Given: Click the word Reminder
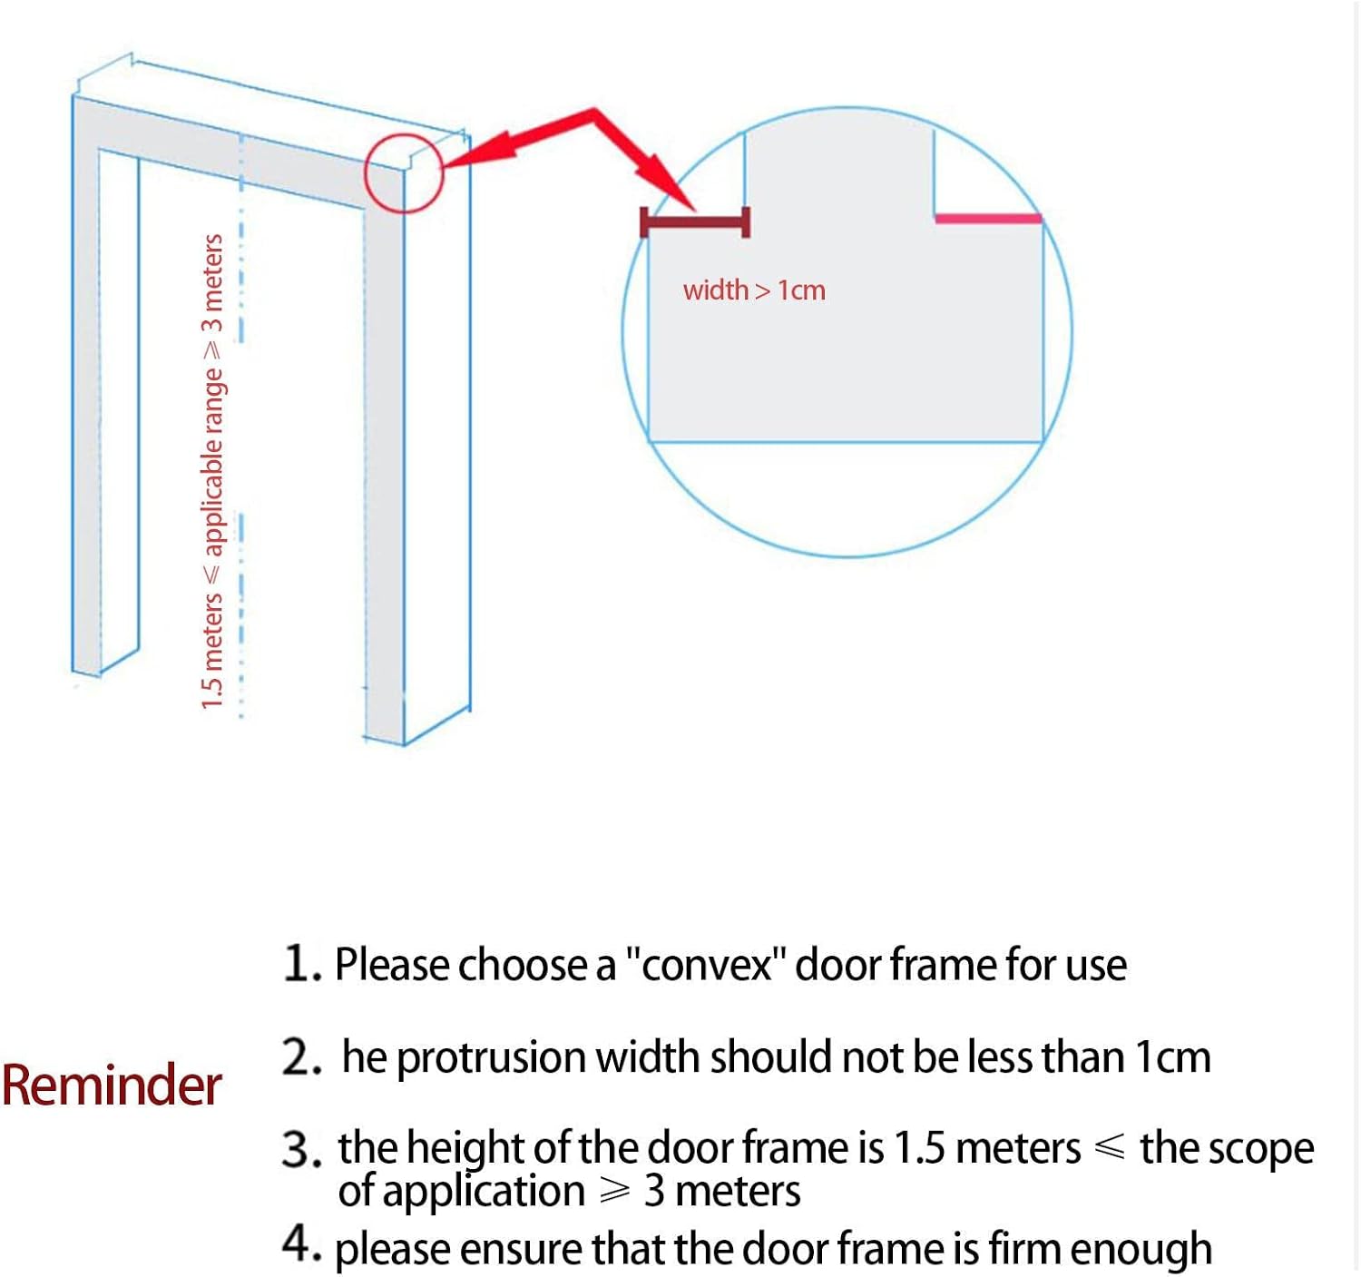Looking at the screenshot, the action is [112, 1085].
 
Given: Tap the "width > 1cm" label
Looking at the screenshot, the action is [754, 290].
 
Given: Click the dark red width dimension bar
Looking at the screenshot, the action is [695, 222].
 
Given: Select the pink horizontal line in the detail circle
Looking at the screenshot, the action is [988, 219].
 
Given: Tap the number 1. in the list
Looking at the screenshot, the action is [301, 963].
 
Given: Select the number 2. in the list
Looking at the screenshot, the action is [301, 1057].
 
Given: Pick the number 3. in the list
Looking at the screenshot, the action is [301, 1149].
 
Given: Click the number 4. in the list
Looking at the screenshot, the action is [301, 1244].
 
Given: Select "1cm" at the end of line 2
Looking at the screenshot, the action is [1173, 1058].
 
